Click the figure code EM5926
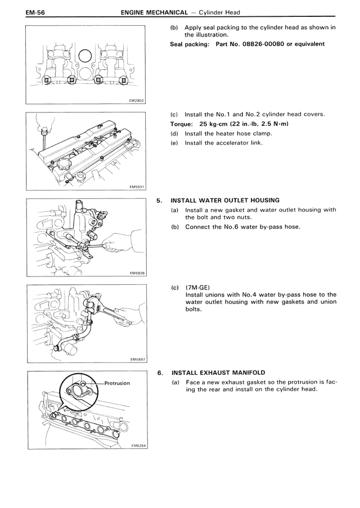[x=137, y=273]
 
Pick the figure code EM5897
[x=137, y=359]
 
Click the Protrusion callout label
[x=117, y=383]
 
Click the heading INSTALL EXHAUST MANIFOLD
[x=219, y=373]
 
